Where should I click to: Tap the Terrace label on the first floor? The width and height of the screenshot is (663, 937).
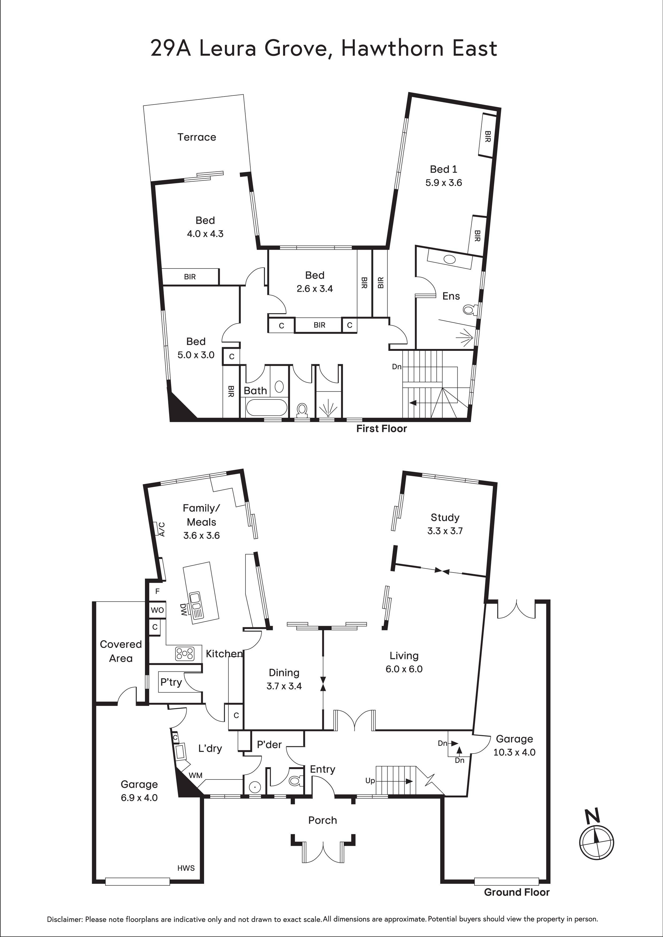tap(197, 137)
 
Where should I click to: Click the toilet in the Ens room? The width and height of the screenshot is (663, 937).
tap(469, 310)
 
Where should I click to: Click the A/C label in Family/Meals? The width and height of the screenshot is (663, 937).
tap(162, 529)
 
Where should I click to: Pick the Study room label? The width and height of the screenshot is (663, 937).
tap(445, 517)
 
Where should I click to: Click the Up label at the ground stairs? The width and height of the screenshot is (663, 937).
tap(370, 781)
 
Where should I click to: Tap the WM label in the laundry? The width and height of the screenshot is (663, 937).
tap(196, 775)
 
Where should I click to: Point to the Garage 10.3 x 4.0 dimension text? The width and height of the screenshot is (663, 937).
tap(514, 752)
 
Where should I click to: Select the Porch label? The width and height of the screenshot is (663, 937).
tap(323, 820)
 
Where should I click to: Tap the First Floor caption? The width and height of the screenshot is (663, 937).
tap(382, 428)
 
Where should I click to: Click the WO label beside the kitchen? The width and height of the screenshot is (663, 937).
tap(157, 610)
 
